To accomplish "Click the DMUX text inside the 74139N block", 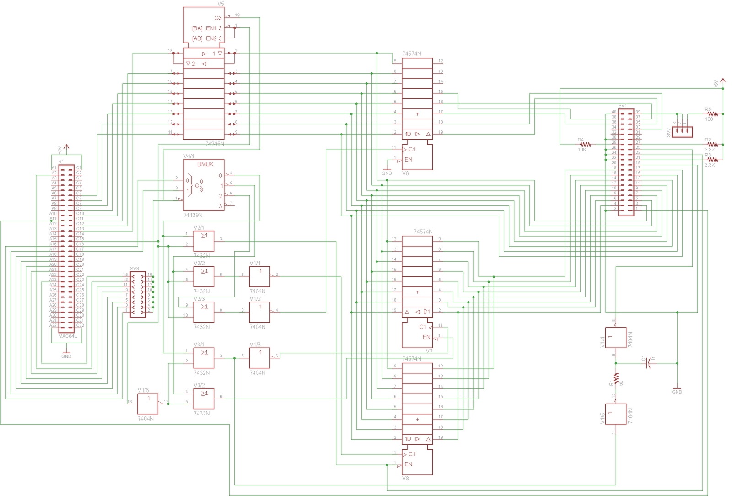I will click(205, 164).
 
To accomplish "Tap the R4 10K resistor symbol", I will click(585, 145).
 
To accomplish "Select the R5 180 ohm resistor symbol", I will click(712, 114).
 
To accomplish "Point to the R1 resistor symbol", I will click(616, 379).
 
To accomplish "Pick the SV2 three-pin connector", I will click(682, 132).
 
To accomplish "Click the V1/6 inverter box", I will click(148, 404).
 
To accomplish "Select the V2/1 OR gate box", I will click(204, 241).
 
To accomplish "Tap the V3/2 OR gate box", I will click(204, 399).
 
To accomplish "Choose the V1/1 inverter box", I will click(259, 277).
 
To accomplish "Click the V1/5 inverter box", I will click(615, 414).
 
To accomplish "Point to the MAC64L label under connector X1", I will click(68, 336).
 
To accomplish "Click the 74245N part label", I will click(215, 144).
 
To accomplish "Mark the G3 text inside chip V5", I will click(218, 18).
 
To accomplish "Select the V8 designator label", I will click(405, 479).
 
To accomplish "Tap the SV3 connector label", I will click(134, 269).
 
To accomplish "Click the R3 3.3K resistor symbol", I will click(712, 160).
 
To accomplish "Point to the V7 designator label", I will click(429, 351).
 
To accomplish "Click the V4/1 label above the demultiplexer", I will click(189, 156).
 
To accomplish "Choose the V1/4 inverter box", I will click(615, 338).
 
